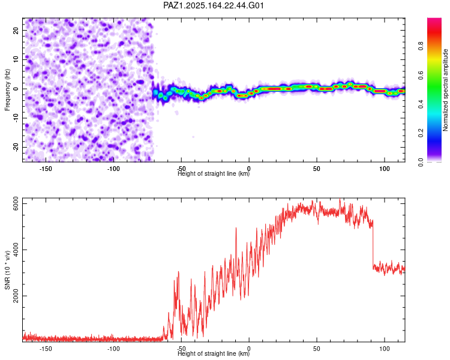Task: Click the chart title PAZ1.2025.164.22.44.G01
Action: point(213,5)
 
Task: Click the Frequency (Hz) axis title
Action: point(7,90)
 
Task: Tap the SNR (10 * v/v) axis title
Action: point(7,270)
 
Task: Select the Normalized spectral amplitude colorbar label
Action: point(445,90)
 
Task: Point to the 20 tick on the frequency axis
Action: point(16,31)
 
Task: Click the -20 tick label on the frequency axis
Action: point(16,147)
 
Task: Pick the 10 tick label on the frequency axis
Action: point(16,59)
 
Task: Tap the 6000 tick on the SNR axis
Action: point(16,203)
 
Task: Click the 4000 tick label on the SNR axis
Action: point(16,250)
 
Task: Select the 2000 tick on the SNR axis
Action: point(16,296)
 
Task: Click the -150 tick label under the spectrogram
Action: point(46,169)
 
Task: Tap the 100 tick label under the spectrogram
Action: point(384,169)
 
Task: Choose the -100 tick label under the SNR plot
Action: point(113,349)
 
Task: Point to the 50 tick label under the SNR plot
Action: point(317,349)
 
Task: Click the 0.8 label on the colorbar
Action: point(421,46)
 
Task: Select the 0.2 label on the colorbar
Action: point(421,133)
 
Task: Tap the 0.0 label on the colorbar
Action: point(421,162)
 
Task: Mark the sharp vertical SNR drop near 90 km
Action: point(373,244)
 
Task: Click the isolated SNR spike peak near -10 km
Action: point(236,228)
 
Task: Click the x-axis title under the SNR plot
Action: point(214,353)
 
